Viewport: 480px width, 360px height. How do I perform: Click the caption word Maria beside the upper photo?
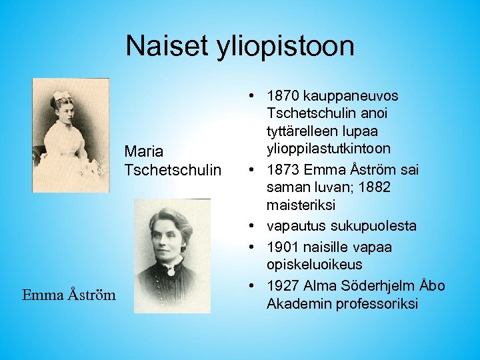143,151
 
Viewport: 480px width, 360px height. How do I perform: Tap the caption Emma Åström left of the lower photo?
69,295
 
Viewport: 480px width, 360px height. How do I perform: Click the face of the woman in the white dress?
65,111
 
